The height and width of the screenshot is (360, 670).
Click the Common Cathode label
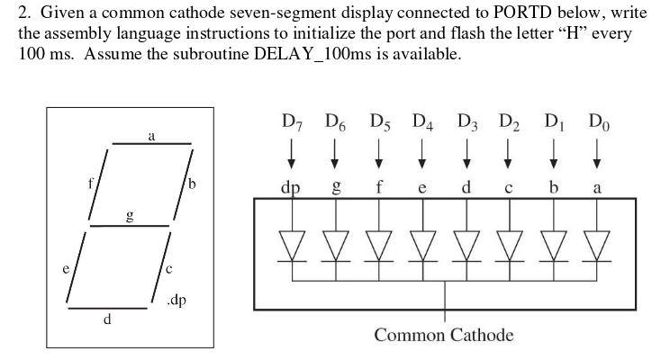click(x=444, y=336)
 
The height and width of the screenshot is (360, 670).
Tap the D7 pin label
click(x=292, y=121)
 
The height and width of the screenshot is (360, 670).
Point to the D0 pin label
click(x=596, y=121)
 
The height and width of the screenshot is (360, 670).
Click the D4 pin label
click(x=422, y=121)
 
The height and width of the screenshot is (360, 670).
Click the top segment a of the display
click(x=151, y=142)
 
